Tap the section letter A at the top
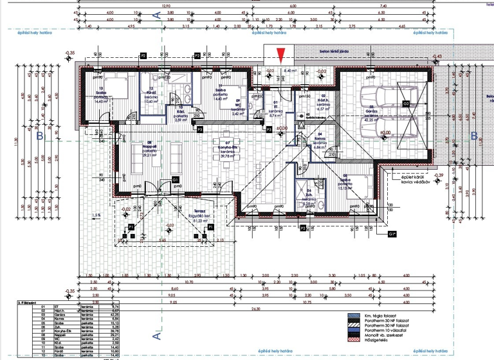coord(155,11)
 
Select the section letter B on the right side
coord(474,136)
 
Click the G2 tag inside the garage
coord(406,103)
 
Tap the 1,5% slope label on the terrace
coord(96,215)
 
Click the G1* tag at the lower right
coord(392,234)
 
